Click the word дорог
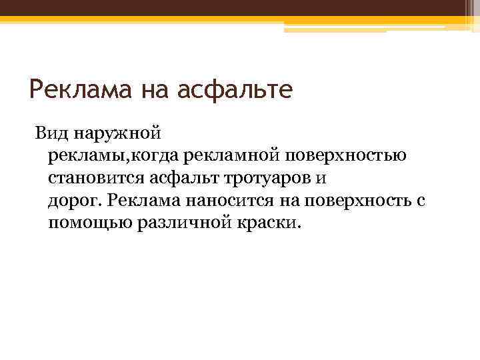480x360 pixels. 74,200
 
